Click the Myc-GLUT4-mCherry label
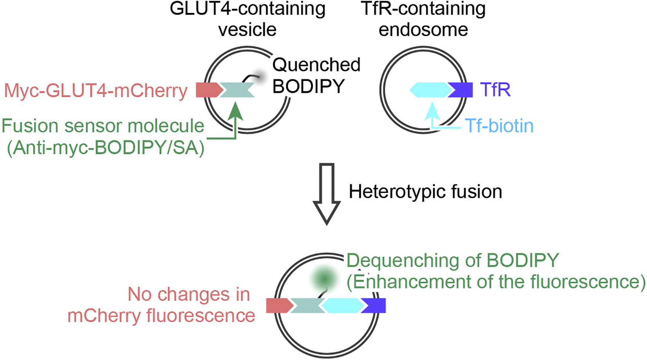point(96,90)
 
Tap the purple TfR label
point(495,90)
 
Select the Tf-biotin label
point(499,126)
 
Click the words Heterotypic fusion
point(425,192)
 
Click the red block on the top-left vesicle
point(207,90)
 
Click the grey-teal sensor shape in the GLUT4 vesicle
point(237,90)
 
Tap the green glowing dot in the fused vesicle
point(324,279)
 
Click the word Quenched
point(316,65)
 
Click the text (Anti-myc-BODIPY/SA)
point(106,148)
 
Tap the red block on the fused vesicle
point(278,306)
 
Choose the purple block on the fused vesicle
point(374,306)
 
